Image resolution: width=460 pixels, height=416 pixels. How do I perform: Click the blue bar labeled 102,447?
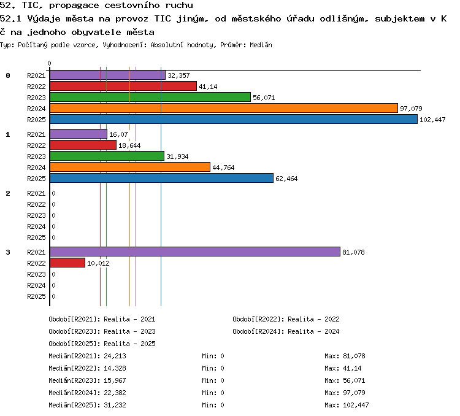coord(234,119)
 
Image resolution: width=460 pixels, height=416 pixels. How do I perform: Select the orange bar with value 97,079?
coord(224,108)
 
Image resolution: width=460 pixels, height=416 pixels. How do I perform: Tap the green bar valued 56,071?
coord(150,97)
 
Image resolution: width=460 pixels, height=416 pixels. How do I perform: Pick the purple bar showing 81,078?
coord(195,252)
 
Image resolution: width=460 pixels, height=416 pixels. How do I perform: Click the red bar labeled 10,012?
coord(67,263)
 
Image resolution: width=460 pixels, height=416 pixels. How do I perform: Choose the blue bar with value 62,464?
coord(162,178)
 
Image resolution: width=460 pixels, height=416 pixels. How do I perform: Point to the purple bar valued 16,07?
coord(79,134)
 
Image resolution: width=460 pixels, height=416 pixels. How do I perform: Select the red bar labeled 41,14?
coord(123,86)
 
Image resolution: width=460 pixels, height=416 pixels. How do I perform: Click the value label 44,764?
coord(223,168)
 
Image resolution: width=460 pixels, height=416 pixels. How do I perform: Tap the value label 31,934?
coord(177,156)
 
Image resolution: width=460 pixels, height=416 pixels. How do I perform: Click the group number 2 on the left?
coord(8,193)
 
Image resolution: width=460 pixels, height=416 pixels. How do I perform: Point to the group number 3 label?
coord(8,252)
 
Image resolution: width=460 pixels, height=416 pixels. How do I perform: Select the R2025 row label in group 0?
coord(36,120)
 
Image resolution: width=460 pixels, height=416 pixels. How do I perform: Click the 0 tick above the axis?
coord(49,63)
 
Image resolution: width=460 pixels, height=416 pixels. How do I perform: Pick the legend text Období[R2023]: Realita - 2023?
coord(102,332)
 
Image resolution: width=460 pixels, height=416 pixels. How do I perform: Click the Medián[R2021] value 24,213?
coord(115,356)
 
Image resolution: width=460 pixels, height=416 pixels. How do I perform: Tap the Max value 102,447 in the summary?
coord(356,405)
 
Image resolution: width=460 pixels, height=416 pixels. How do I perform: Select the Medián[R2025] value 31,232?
coord(115,405)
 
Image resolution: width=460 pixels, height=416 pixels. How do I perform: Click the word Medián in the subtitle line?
coord(261,45)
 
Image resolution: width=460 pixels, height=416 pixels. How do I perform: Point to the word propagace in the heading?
coord(74,6)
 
